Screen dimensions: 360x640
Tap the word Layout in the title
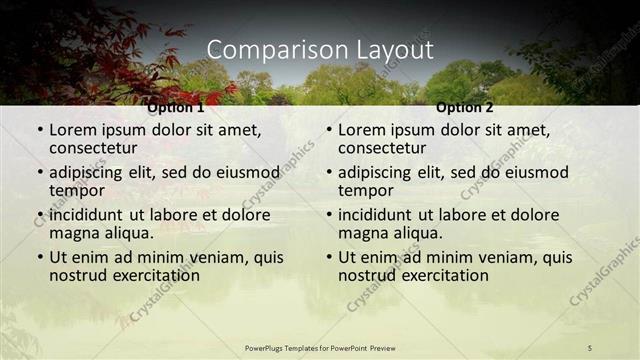tap(393, 50)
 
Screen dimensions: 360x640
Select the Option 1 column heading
tap(176, 107)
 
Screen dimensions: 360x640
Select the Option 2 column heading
tap(465, 107)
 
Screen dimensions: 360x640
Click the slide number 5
tap(590, 347)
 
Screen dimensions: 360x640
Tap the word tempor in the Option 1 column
tap(76, 190)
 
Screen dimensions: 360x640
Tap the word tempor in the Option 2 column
tap(365, 190)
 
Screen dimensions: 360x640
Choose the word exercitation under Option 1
tap(153, 275)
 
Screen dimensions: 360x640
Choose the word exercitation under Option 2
tap(442, 275)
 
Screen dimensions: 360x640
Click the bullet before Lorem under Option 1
tap(39, 130)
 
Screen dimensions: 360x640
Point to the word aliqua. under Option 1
tap(128, 233)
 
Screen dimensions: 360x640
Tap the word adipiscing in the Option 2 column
tap(374, 172)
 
